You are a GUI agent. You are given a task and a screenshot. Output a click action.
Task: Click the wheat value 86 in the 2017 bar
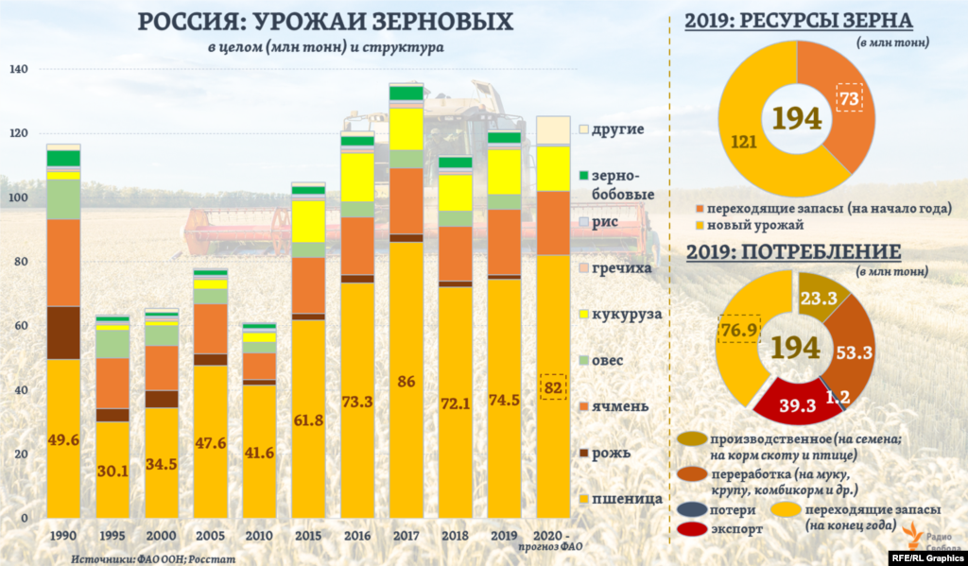(406, 381)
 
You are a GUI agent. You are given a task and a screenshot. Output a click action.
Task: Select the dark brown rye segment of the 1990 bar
(63, 333)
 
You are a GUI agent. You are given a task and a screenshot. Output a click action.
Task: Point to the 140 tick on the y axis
(19, 69)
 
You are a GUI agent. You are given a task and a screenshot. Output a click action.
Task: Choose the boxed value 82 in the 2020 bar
(553, 386)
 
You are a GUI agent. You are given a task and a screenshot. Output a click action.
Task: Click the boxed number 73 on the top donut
(850, 98)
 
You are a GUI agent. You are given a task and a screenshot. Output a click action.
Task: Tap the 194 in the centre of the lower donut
(795, 347)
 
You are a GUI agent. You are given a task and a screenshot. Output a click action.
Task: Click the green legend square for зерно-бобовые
(583, 177)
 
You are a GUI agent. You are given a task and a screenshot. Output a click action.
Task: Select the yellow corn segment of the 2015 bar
(307, 220)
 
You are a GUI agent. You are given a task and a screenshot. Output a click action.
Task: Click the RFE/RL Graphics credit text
(925, 557)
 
